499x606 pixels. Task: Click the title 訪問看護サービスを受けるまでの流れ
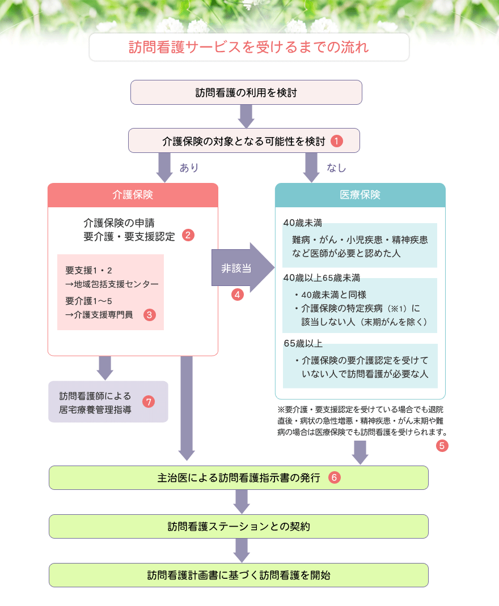tap(248, 47)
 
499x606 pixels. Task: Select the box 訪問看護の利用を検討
tap(246, 92)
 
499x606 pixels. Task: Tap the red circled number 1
tap(337, 141)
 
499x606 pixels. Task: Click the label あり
tap(189, 168)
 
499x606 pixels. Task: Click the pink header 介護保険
tap(133, 195)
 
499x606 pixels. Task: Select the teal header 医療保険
tap(360, 195)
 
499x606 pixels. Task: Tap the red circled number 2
tap(188, 234)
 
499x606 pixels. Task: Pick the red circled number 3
tap(150, 315)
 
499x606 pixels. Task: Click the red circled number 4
tap(237, 295)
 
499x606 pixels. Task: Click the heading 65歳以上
tap(303, 344)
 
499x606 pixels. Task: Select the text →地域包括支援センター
tap(111, 284)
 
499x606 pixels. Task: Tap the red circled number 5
tap(442, 446)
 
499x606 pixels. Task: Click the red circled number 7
tap(149, 402)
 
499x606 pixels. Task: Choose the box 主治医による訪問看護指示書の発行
tap(238, 477)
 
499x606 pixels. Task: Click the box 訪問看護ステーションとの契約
tap(238, 526)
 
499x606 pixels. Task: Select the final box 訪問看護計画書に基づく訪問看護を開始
tap(238, 575)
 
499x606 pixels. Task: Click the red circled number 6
tap(334, 477)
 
